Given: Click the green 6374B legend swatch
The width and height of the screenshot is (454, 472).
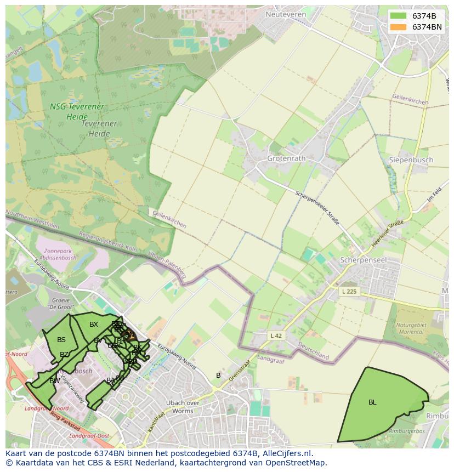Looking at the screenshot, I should [399, 16].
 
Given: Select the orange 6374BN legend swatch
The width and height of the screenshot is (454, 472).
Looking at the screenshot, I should [399, 27].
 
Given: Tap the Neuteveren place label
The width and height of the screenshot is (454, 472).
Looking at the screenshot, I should [285, 14].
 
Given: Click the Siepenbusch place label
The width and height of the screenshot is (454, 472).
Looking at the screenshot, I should [411, 160].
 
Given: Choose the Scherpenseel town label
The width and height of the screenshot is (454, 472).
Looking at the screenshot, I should [363, 260].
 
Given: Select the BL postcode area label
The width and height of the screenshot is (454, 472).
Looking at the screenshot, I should [372, 402].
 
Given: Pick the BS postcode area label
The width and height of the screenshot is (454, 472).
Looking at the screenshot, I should [61, 340].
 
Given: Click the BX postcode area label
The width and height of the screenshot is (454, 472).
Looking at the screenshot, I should [94, 325].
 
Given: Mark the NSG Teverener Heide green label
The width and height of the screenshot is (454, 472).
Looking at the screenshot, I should [77, 111].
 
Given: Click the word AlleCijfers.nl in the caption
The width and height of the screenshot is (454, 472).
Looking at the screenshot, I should [287, 453].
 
